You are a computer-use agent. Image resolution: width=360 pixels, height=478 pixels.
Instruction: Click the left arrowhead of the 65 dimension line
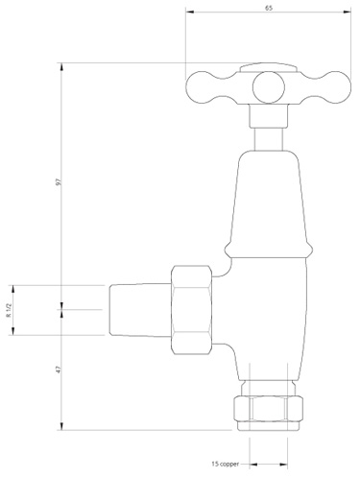click(x=185, y=14)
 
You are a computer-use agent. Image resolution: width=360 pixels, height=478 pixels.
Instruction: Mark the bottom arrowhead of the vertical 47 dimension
click(x=62, y=429)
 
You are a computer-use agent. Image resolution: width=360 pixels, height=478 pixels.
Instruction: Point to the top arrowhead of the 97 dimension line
click(x=62, y=66)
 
